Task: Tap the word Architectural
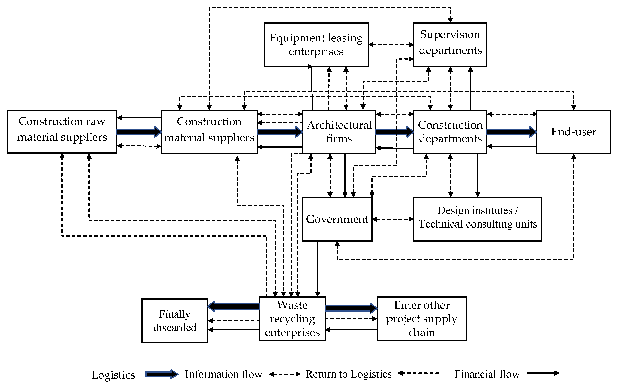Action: pos(339,125)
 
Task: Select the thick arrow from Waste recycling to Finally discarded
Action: pos(234,306)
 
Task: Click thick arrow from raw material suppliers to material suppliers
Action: pos(139,132)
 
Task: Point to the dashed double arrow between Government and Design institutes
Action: pos(393,219)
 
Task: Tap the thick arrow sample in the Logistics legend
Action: pos(162,374)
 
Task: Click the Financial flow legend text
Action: pos(487,374)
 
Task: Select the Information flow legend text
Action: pos(223,374)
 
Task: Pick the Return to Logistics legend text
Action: pos(348,374)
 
